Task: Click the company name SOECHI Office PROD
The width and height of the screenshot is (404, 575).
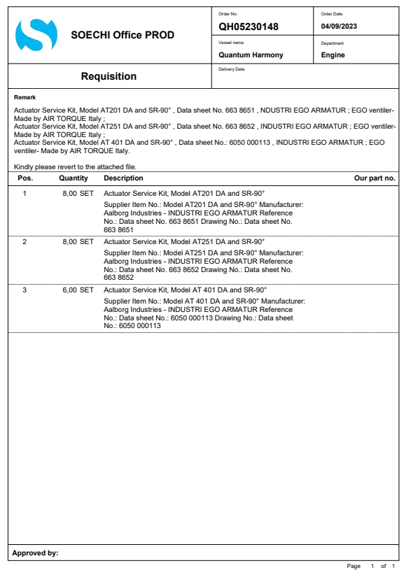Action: (123, 35)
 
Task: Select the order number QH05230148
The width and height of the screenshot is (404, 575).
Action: (249, 27)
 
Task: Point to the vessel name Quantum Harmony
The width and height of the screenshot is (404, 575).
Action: (251, 55)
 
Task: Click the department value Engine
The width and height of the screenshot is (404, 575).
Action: (333, 55)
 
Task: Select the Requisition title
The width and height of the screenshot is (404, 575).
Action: (109, 76)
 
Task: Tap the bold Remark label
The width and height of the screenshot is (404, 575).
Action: (25, 97)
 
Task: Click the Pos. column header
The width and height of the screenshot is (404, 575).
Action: (25, 178)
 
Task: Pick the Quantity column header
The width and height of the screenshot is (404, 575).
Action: (74, 178)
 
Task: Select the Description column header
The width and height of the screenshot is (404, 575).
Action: (123, 178)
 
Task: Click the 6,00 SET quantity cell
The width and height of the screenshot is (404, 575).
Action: (78, 288)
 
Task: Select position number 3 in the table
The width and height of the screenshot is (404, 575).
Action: (25, 288)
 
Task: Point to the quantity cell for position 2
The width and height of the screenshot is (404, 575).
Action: (78, 240)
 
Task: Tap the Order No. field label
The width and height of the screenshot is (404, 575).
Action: (228, 13)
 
